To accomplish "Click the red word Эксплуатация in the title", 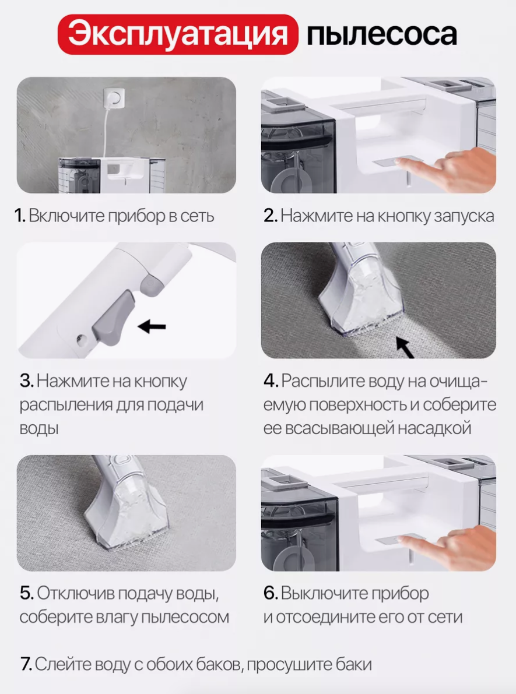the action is coord(178,34).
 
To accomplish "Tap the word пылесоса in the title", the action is coord(381,34).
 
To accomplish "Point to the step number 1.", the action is coord(20,216).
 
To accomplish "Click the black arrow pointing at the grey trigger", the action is coord(152,327).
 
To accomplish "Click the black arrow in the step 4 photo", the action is coord(405,347).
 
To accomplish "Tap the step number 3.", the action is coord(27,381).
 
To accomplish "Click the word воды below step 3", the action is coord(39,428).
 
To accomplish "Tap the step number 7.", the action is coord(26,664).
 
